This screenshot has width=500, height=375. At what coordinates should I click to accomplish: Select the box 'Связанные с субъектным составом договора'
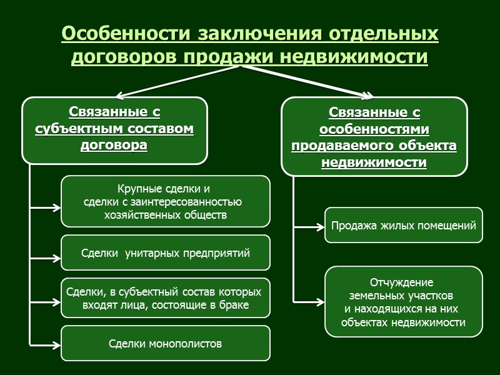(x=114, y=130)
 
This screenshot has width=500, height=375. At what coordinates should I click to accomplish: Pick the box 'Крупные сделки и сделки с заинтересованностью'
(x=165, y=201)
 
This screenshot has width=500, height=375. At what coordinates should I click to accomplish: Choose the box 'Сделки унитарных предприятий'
(x=165, y=253)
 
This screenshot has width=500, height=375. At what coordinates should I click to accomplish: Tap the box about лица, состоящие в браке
(x=165, y=298)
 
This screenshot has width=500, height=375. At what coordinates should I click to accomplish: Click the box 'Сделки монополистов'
(x=165, y=343)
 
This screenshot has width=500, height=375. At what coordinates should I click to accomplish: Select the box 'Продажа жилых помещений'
(x=403, y=226)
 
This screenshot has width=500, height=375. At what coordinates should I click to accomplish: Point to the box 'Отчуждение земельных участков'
(x=403, y=302)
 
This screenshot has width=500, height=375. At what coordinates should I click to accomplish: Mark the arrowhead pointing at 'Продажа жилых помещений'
(x=321, y=227)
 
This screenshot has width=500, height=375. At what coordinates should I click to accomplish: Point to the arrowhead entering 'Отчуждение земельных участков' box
(x=321, y=302)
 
